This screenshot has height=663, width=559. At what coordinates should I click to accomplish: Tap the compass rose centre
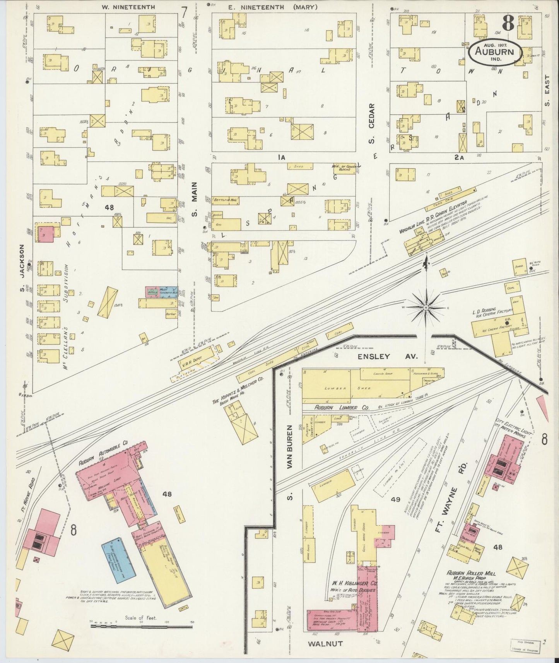(x=426, y=307)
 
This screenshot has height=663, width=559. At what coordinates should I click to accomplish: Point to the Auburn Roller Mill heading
(x=471, y=573)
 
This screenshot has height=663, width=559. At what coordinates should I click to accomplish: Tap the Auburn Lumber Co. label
(x=337, y=408)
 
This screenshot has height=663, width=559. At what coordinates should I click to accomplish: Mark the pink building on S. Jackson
(x=46, y=234)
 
